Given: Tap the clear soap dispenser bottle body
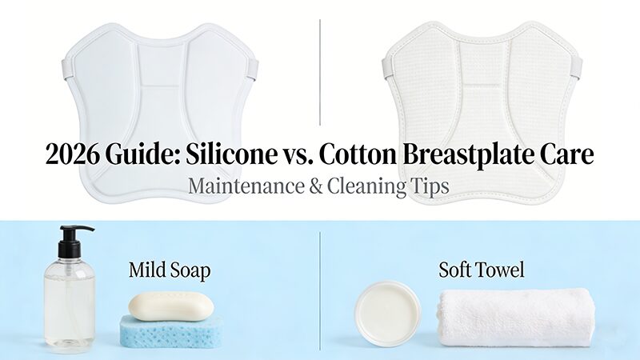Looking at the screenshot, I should pyautogui.click(x=70, y=300).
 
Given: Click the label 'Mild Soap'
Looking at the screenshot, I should pyautogui.click(x=170, y=270).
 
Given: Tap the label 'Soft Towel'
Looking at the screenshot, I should pyautogui.click(x=482, y=270).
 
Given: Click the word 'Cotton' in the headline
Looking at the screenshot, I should pyautogui.click(x=360, y=154).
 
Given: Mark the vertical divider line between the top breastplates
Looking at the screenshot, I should pyautogui.click(x=320, y=72).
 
